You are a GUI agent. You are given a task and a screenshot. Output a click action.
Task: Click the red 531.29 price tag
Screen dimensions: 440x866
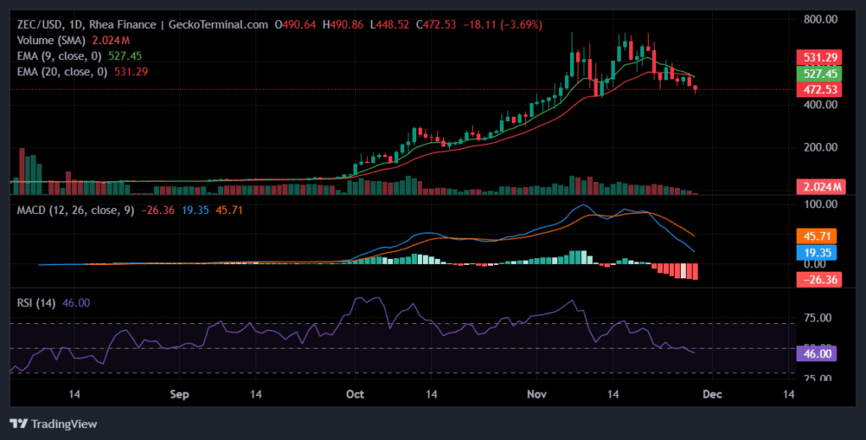(x=820, y=58)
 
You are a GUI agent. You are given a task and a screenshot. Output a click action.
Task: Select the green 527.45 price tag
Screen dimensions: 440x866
(x=820, y=74)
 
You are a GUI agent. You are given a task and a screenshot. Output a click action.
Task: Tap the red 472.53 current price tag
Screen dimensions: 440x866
(x=820, y=90)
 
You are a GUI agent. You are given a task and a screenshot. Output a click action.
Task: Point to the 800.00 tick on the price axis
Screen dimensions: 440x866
(x=820, y=19)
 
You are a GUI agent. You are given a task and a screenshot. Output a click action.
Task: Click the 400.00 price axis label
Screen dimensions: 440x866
(x=820, y=104)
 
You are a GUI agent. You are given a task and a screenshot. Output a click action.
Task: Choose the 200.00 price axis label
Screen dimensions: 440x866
(x=820, y=147)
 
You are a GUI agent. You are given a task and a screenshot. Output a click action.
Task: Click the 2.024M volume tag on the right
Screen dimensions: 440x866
(x=820, y=187)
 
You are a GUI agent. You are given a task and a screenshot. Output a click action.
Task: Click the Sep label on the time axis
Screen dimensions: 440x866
(x=178, y=394)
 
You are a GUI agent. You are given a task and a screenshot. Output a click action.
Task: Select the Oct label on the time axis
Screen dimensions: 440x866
(x=356, y=394)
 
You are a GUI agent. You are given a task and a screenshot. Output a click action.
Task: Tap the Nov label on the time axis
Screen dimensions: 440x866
(x=537, y=394)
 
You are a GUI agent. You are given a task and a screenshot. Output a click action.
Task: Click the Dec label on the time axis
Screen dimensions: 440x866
(x=713, y=394)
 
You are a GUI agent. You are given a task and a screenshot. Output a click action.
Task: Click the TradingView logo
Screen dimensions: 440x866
(x=53, y=423)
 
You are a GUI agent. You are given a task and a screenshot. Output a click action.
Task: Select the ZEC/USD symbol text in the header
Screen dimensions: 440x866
(x=40, y=25)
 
